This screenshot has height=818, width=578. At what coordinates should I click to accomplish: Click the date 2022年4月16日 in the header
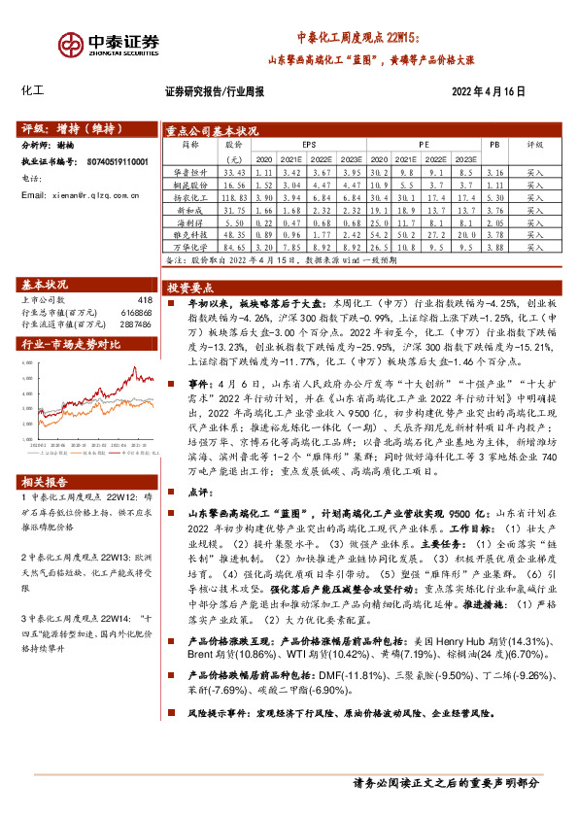tap(489, 91)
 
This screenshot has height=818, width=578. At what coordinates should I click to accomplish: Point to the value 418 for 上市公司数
tap(145, 300)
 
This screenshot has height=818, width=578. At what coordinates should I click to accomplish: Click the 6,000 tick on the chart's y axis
tap(27, 362)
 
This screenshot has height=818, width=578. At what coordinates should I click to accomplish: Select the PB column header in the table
tap(494, 144)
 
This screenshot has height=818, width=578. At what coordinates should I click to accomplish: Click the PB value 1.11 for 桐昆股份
tap(495, 184)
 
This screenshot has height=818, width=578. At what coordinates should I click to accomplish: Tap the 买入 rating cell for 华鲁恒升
tap(536, 171)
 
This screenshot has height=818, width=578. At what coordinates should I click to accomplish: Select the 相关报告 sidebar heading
tap(48, 483)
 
